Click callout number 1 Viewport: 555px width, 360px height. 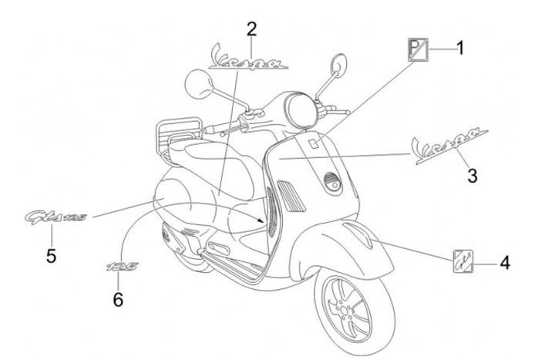coord(459,50)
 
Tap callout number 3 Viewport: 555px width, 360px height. coord(472,177)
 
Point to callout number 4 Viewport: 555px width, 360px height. coord(504,264)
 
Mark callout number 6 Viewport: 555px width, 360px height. coord(118,299)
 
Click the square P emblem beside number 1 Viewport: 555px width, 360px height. coord(417,50)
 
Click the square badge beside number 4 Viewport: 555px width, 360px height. coord(462,263)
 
